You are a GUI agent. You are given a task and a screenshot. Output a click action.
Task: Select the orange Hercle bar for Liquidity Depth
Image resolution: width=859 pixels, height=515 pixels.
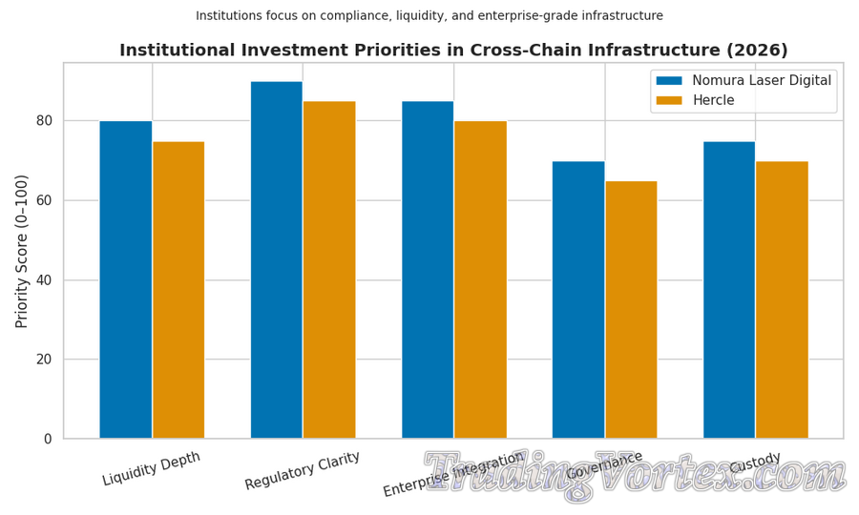pyautogui.click(x=178, y=290)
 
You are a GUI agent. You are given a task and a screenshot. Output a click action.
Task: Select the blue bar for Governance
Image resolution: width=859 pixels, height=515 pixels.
pyautogui.click(x=578, y=299)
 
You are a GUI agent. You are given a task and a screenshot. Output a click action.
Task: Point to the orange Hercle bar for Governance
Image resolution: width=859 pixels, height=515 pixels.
pyautogui.click(x=631, y=310)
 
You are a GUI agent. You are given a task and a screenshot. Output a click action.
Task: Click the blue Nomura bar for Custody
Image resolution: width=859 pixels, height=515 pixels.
pyautogui.click(x=729, y=290)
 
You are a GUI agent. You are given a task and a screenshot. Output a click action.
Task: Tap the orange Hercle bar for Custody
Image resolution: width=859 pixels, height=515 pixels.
pyautogui.click(x=782, y=299)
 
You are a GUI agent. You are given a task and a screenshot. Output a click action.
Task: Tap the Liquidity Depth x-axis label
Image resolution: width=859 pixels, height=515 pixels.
pyautogui.click(x=152, y=469)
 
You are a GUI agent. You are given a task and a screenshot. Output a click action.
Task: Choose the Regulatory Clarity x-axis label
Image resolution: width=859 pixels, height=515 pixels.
pyautogui.click(x=303, y=471)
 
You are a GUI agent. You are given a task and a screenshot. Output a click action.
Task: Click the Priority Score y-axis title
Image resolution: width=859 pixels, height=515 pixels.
pyautogui.click(x=22, y=251)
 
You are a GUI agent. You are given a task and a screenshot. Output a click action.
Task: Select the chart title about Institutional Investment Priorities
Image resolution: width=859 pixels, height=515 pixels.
pyautogui.click(x=453, y=51)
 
